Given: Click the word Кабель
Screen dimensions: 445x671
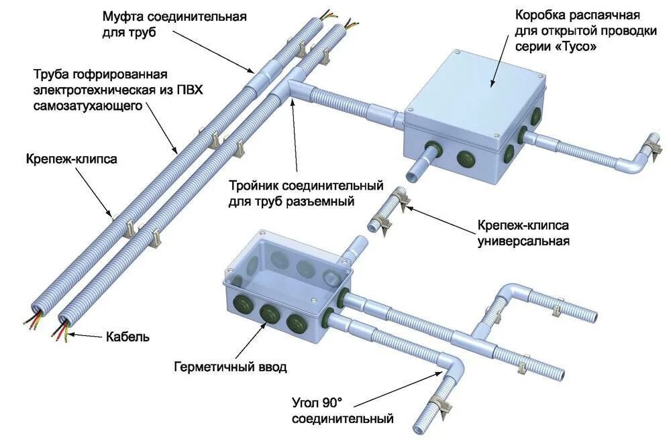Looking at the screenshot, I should (127, 336).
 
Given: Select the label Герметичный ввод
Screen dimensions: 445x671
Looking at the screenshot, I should (230, 367).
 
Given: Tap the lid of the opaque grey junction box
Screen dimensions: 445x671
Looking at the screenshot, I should (470, 94).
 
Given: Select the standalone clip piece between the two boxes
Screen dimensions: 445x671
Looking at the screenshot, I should (388, 211).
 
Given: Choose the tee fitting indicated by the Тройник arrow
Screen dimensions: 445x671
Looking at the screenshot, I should (295, 90).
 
